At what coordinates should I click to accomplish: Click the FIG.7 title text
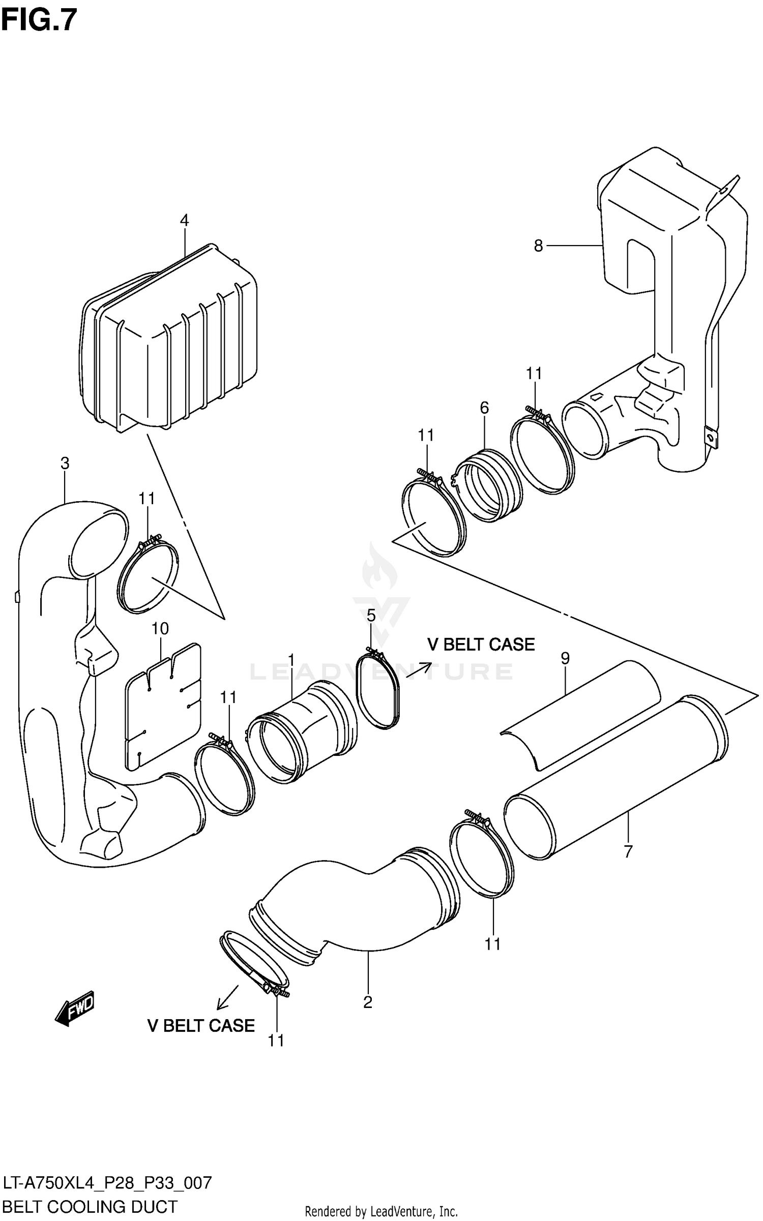click(39, 20)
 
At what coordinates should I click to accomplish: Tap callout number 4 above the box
click(184, 220)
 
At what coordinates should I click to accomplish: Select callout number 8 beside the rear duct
click(538, 246)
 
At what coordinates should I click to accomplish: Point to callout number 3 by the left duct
click(65, 463)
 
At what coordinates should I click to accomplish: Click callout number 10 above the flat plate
click(160, 629)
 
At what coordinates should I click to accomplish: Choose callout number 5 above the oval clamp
click(371, 616)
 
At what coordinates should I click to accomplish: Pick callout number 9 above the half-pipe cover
click(565, 658)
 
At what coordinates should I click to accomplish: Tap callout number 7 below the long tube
click(628, 851)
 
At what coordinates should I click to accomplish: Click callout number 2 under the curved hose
click(368, 1002)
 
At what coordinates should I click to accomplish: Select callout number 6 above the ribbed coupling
click(484, 407)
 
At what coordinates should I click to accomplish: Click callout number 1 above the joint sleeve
click(291, 660)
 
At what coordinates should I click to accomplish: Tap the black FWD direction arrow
click(75, 1007)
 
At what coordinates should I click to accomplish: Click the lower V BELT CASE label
click(201, 1025)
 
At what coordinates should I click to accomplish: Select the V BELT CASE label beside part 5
click(481, 644)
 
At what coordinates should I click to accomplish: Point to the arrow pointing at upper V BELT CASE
click(419, 669)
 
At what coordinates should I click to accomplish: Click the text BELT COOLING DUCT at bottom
click(90, 1206)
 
